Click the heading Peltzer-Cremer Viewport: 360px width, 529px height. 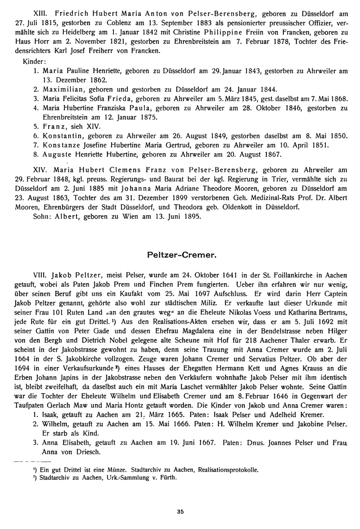pos(182,255)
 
